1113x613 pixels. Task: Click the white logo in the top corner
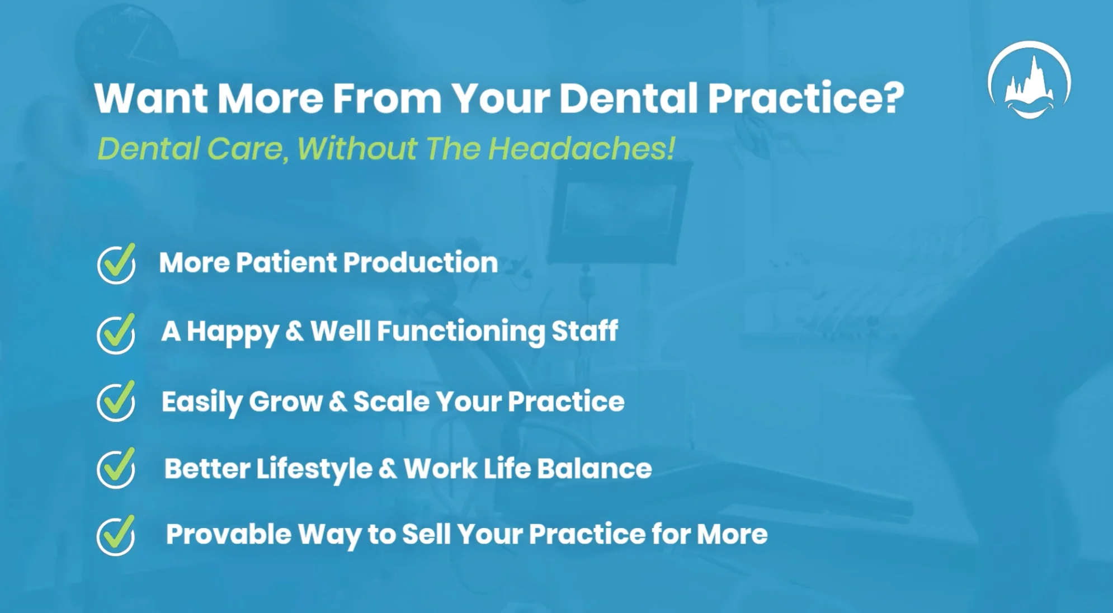(1029, 80)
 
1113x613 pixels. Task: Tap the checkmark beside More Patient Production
(116, 263)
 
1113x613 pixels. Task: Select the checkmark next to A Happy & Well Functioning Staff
(116, 333)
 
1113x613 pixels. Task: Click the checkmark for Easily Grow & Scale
(116, 401)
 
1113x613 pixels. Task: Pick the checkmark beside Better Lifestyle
(116, 468)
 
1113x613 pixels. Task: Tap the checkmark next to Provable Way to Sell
(116, 535)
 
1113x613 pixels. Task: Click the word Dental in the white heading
(629, 98)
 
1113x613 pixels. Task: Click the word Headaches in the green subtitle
(581, 149)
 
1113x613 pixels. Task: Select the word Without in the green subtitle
(357, 149)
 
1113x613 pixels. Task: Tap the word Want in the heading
(151, 98)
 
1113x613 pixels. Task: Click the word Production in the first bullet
(420, 262)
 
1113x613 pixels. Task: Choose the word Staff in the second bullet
(584, 331)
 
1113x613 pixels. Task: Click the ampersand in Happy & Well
(294, 331)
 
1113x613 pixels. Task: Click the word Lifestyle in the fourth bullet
(314, 469)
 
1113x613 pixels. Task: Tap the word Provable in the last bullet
(228, 534)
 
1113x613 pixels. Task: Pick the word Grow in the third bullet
(285, 402)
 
